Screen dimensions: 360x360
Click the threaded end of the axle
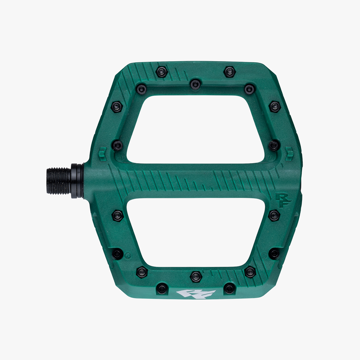(58, 181)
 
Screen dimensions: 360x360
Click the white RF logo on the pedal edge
(195, 294)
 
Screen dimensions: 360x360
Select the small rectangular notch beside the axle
(102, 154)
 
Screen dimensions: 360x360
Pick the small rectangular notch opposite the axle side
(289, 154)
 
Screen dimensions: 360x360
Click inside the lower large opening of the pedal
(195, 232)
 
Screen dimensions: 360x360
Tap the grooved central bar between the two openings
(195, 180)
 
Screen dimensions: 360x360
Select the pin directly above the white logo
(196, 276)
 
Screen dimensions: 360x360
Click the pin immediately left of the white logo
(162, 289)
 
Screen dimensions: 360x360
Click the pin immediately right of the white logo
(229, 289)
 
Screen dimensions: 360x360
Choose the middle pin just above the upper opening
(195, 84)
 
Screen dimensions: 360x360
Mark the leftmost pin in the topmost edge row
(162, 72)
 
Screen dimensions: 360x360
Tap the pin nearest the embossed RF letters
(274, 215)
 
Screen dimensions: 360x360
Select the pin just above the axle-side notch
(117, 145)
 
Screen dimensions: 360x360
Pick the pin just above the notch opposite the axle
(274, 145)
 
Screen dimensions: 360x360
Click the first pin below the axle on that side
(117, 216)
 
